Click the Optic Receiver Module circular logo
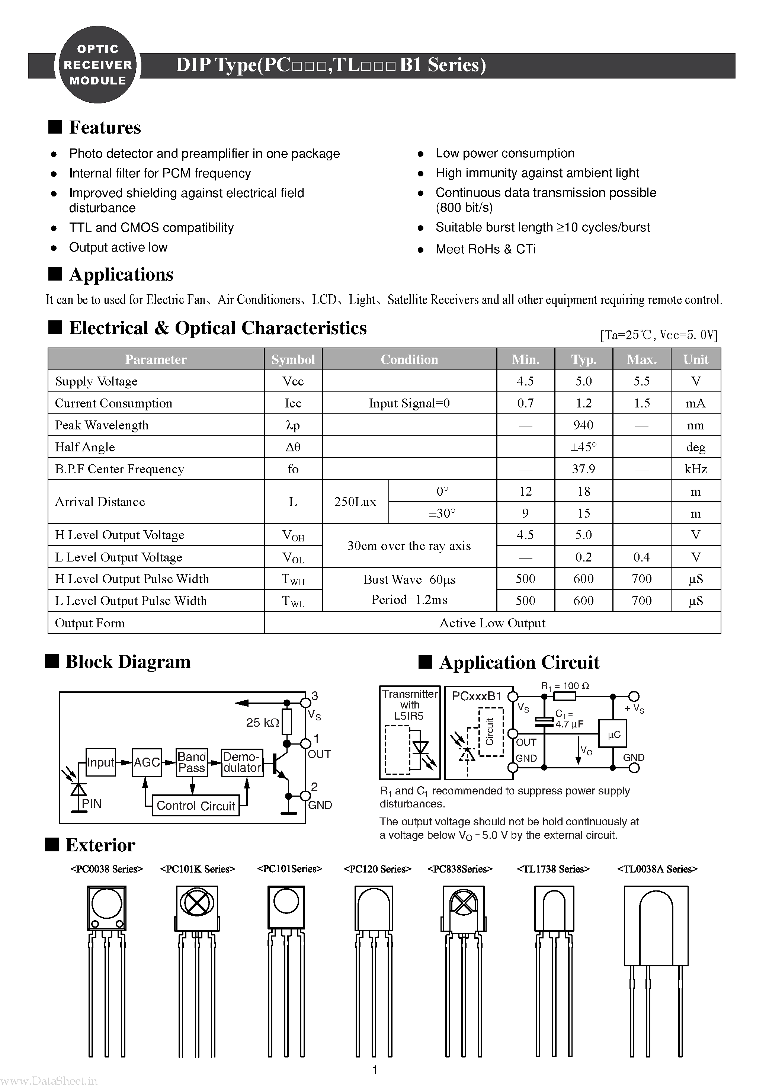pos(97,65)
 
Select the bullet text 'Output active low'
pos(118,247)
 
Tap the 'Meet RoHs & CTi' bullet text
pos(485,249)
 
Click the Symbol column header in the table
pos(293,359)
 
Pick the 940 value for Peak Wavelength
pos(583,425)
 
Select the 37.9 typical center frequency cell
pos(583,469)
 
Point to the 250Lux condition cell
pos(355,502)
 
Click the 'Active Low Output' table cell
pos(492,623)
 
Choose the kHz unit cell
pos(695,469)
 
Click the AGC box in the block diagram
pos(147,762)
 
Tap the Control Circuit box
pos(195,806)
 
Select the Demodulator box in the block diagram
pos(242,762)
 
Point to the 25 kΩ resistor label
pos(262,723)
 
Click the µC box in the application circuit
pos(613,734)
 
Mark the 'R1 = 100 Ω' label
pos(565,686)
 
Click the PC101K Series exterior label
pos(198,869)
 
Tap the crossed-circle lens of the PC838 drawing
pos(463,903)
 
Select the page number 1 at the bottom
pos(375,1070)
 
